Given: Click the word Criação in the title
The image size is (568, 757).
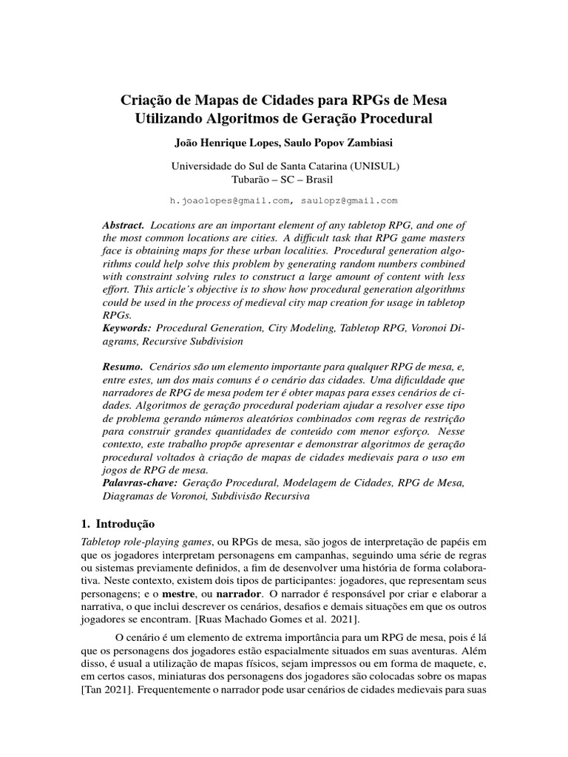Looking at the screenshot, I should pos(146,99).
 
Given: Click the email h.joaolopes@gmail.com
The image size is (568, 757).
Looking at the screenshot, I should pos(228,200).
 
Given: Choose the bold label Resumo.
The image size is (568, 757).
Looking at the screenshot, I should pos(123,366).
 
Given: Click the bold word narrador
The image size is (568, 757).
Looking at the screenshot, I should pos(284,594).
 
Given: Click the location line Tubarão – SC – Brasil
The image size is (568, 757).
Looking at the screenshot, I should pos(283,180).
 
